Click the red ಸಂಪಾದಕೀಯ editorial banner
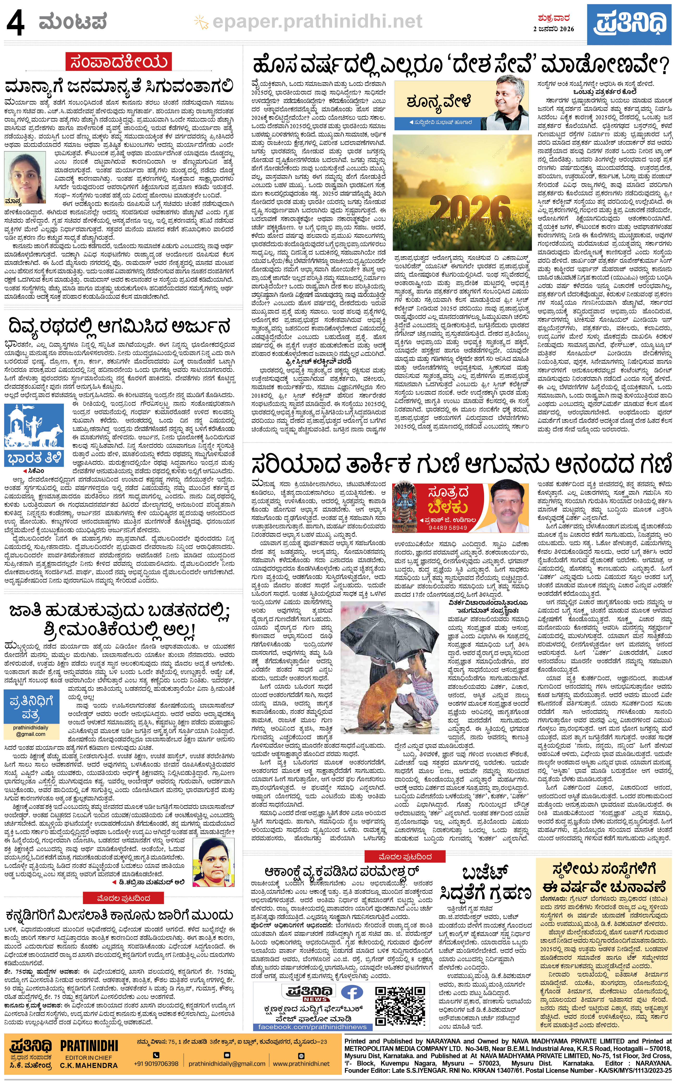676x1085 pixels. [118, 62]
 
